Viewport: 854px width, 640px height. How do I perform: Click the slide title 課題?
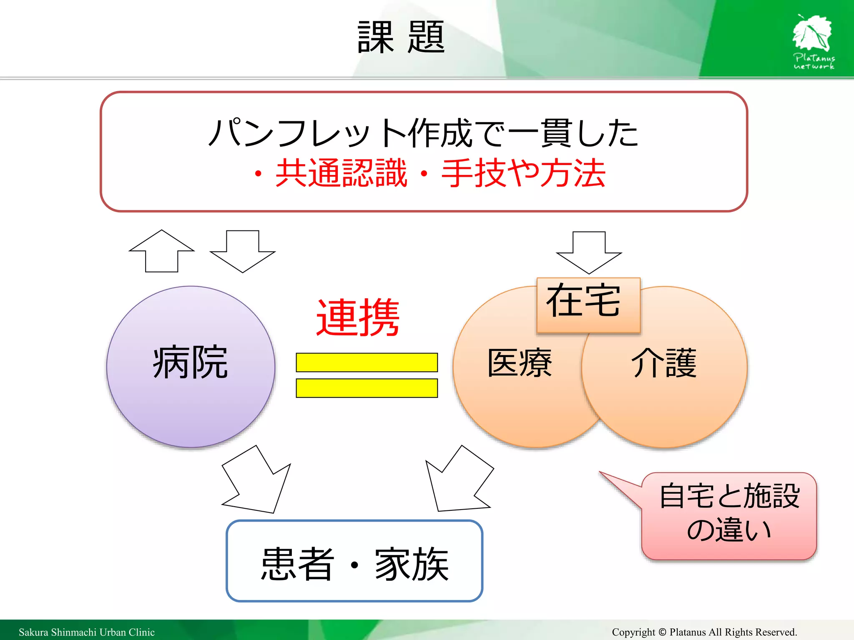coord(401,37)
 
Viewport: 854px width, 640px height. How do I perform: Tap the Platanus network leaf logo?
coord(813,42)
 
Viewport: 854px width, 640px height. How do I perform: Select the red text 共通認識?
coord(341,173)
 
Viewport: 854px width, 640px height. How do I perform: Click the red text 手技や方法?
coord(523,173)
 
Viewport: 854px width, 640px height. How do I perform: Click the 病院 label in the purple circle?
coord(191,362)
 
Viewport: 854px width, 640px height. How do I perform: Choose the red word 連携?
coord(358,317)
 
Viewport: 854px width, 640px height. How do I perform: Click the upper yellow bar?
coord(367,362)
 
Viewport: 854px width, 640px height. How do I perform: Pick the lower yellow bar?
coord(367,388)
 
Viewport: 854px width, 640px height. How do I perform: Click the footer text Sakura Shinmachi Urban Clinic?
coord(87,632)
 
